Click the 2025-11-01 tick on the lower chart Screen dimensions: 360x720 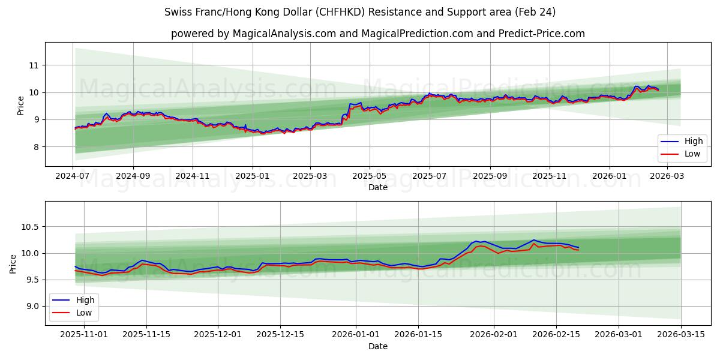tap(84, 335)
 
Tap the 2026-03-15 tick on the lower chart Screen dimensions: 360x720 tap(680, 335)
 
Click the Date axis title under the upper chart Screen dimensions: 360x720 tap(378, 187)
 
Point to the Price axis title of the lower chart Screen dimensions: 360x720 tap(13, 263)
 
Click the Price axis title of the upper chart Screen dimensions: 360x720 tap(21, 105)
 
